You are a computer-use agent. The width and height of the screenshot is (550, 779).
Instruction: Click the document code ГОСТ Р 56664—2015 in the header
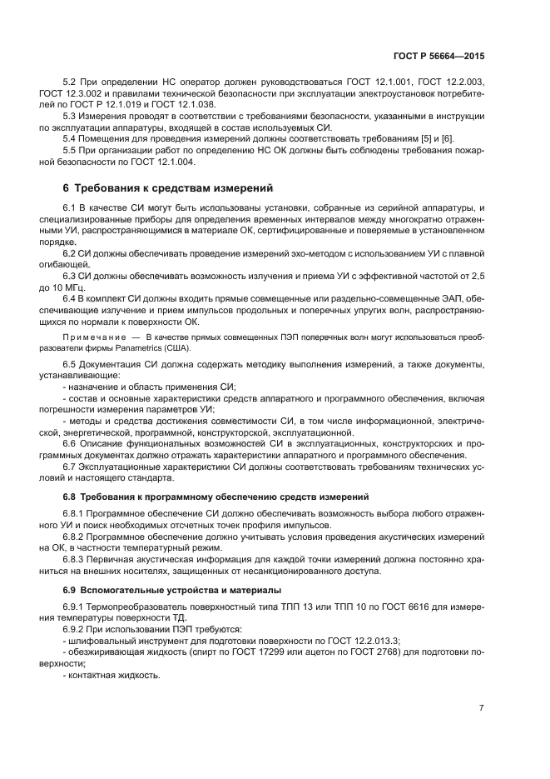click(438, 55)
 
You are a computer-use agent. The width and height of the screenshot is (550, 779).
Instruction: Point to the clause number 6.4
click(71, 297)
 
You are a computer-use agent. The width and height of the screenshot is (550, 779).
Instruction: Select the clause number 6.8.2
click(76, 538)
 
